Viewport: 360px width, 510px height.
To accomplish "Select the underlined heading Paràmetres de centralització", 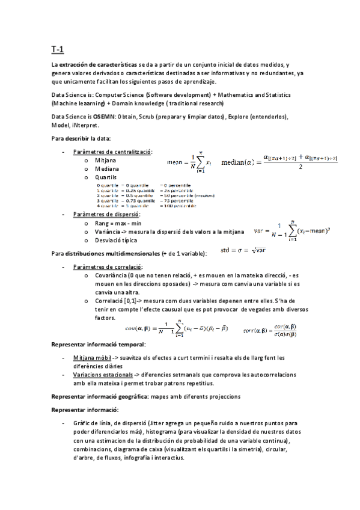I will pyautogui.click(x=112, y=152).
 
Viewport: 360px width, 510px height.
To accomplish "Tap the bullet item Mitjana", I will pyautogui.click(x=106, y=161).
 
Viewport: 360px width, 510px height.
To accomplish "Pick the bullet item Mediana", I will pyautogui.click(x=108, y=170).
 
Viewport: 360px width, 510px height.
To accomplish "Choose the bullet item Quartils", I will pyautogui.click(x=108, y=179).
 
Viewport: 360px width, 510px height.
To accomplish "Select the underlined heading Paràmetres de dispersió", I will pyautogui.click(x=106, y=214).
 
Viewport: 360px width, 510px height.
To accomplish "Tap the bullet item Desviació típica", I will pyautogui.click(x=118, y=241).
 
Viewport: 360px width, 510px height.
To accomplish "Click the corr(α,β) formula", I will pyautogui.click(x=270, y=329).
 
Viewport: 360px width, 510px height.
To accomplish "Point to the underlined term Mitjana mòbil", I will pyautogui.click(x=91, y=358).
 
